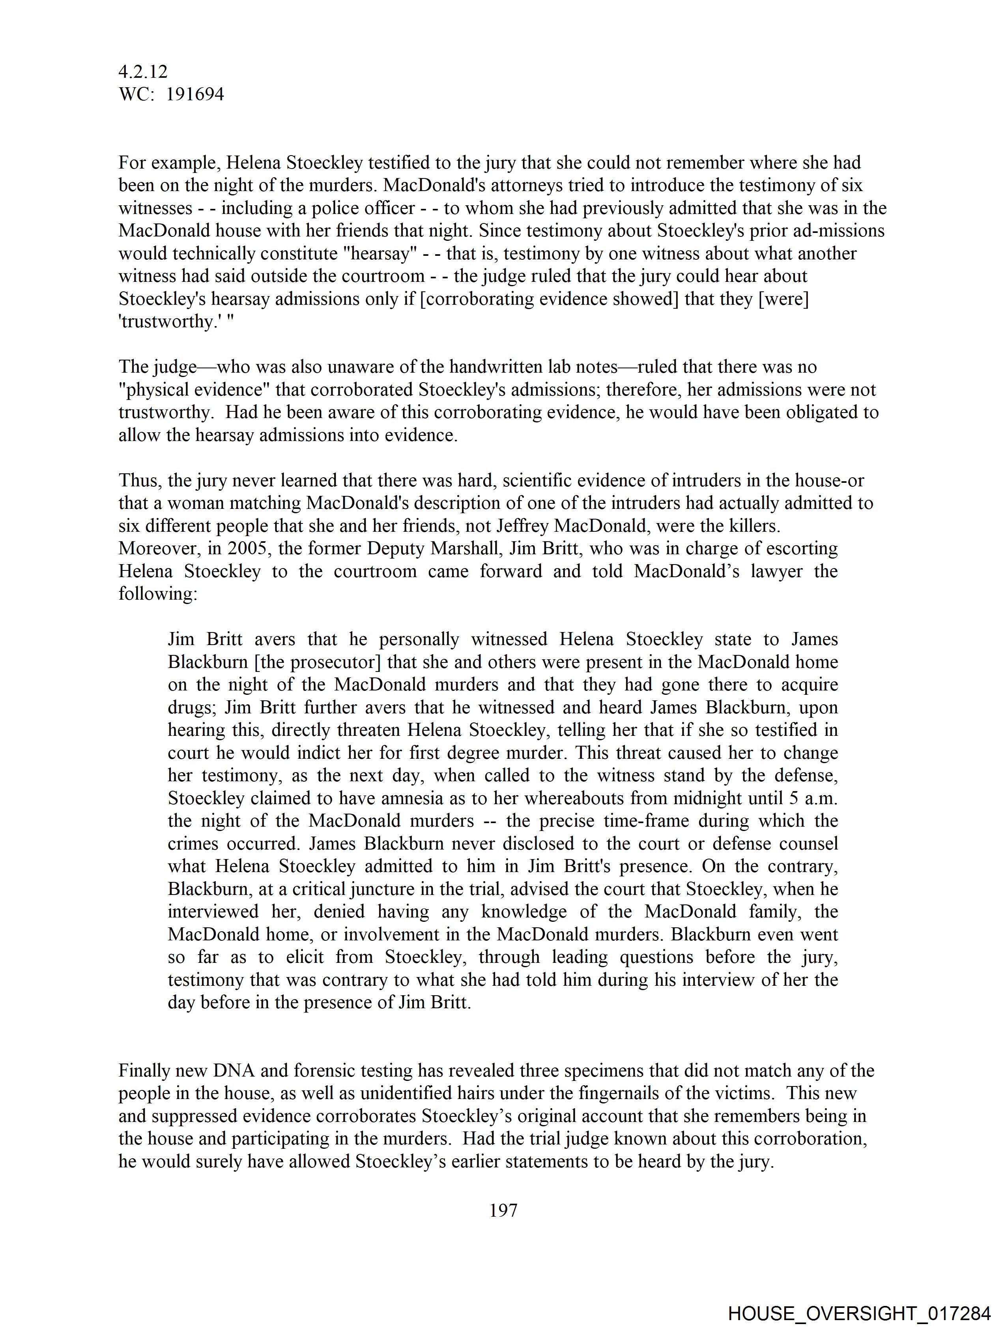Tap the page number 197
(x=503, y=1210)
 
